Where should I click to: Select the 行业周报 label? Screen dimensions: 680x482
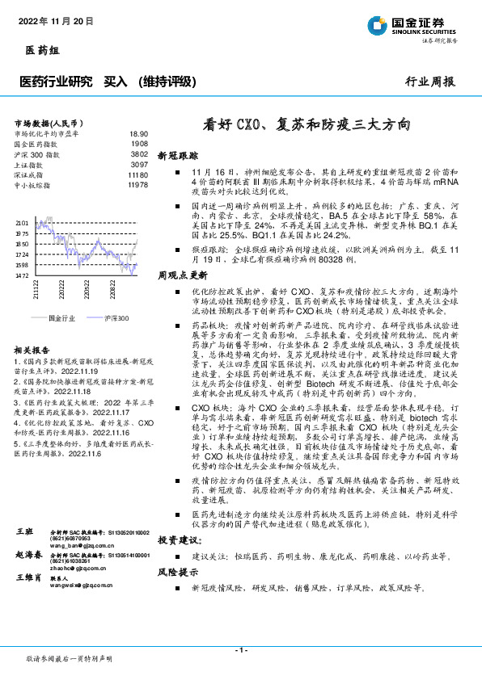pyautogui.click(x=429, y=82)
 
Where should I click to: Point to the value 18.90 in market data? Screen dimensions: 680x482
pyautogui.click(x=139, y=133)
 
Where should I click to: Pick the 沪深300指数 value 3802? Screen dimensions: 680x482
pyautogui.click(x=139, y=153)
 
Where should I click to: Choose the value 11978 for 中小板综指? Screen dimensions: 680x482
pyautogui.click(x=137, y=184)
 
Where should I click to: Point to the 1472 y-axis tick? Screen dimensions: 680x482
pyautogui.click(x=22, y=275)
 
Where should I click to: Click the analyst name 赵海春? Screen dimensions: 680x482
pyautogui.click(x=28, y=556)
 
